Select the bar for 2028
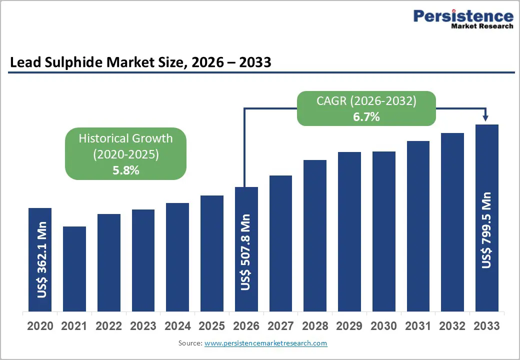[x=315, y=235]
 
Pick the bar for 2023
[x=143, y=260]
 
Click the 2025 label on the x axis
[x=212, y=326]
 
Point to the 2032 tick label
[x=452, y=326]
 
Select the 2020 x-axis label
[x=40, y=326]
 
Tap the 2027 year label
[x=280, y=326]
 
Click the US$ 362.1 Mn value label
[x=41, y=260]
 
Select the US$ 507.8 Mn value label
[x=246, y=252]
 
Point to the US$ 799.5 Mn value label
[x=486, y=230]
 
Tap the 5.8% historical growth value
[x=125, y=170]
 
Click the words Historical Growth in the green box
[x=125, y=138]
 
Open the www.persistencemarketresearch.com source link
[x=265, y=343]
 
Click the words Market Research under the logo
[x=482, y=26]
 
